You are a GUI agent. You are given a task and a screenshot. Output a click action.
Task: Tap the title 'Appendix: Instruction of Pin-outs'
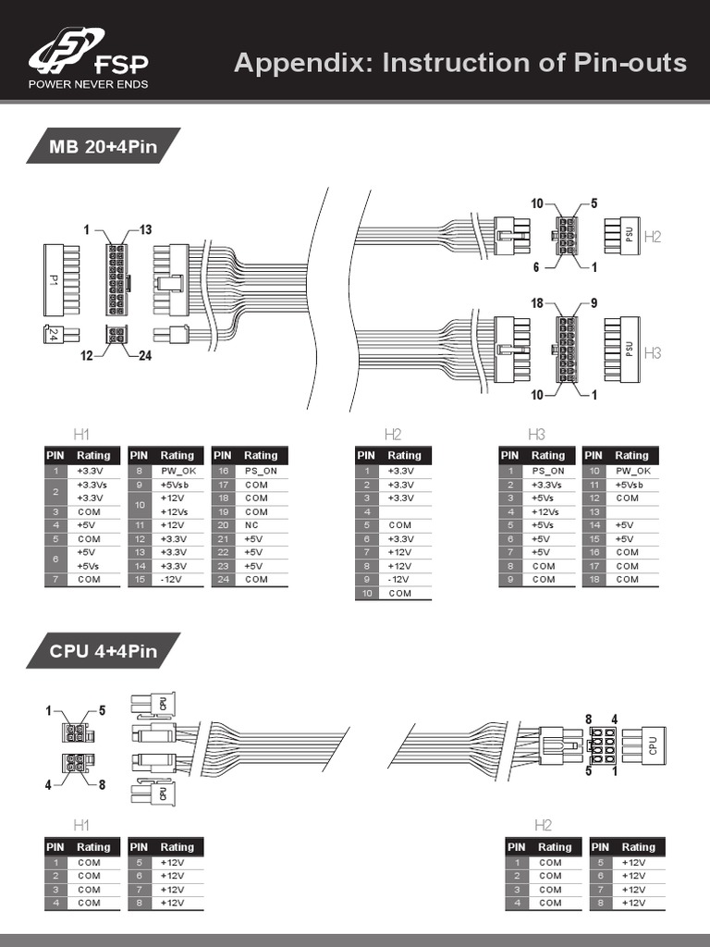[460, 63]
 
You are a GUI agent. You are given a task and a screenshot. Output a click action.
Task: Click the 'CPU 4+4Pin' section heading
[103, 651]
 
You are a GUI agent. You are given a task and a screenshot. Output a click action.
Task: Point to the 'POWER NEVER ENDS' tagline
[89, 84]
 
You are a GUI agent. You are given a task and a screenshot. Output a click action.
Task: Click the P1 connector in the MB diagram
[54, 278]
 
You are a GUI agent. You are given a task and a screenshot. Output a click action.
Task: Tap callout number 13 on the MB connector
[145, 229]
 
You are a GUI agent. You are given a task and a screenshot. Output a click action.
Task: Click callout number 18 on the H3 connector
[537, 302]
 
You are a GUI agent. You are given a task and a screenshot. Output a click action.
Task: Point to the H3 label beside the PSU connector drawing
[653, 352]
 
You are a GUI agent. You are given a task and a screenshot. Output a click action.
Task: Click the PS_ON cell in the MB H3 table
[548, 471]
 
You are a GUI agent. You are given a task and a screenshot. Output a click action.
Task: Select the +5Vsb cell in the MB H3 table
[632, 484]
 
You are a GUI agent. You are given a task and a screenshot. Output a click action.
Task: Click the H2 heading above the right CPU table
[543, 825]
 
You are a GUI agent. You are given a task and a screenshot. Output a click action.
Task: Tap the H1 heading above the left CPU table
[82, 825]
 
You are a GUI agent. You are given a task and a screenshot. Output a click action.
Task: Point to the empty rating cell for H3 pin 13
[632, 511]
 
